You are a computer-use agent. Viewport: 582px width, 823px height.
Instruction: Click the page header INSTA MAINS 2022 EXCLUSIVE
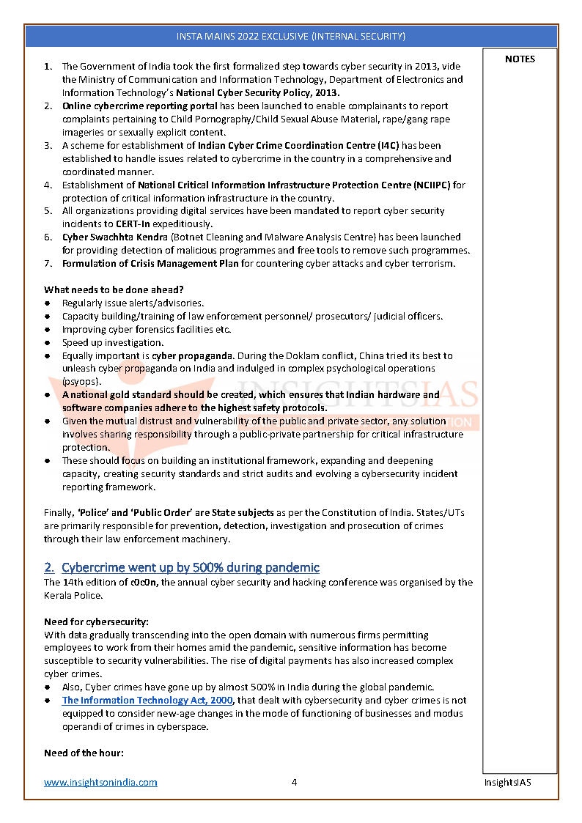[290, 36]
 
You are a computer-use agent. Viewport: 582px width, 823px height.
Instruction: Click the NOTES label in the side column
[520, 59]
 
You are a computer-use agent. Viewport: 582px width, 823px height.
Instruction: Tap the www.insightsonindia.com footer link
[100, 782]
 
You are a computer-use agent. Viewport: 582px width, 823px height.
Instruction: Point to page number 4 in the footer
[294, 782]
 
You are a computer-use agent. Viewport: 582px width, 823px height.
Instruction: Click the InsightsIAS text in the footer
[507, 782]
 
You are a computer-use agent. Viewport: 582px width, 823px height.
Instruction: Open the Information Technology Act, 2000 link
[147, 700]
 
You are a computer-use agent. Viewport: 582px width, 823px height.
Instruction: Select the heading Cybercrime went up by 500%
[190, 567]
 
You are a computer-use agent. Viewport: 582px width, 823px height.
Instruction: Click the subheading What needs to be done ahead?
[114, 289]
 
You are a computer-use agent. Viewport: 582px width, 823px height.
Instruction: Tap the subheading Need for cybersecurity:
[96, 621]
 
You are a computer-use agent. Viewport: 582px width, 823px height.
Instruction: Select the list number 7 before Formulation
[47, 263]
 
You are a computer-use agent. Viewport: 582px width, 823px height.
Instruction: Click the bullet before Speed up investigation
[47, 342]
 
